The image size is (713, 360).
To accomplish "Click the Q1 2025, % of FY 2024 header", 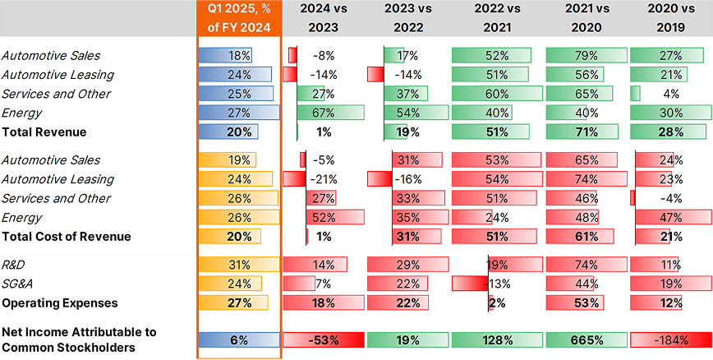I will pos(239,18).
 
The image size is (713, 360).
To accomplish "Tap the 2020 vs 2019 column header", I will pos(669,18).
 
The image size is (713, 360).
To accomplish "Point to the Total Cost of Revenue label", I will pos(66,237).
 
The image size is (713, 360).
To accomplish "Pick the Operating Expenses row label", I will pos(59,302).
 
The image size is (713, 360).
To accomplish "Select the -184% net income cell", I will pos(669,340).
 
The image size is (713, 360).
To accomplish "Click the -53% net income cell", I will pos(323,340).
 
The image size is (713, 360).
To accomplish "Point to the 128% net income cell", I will pos(492,340).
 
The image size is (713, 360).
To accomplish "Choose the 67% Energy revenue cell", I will pos(323,113).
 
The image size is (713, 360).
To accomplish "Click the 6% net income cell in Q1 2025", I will pos(239,340).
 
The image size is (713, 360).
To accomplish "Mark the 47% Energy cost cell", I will pos(669,218).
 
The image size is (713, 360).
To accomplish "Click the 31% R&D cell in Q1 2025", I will pos(239,265).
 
